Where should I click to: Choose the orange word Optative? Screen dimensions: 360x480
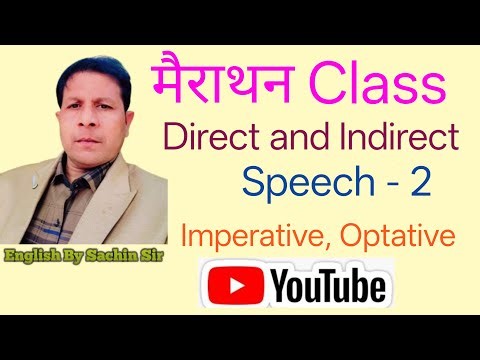pos(403,237)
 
